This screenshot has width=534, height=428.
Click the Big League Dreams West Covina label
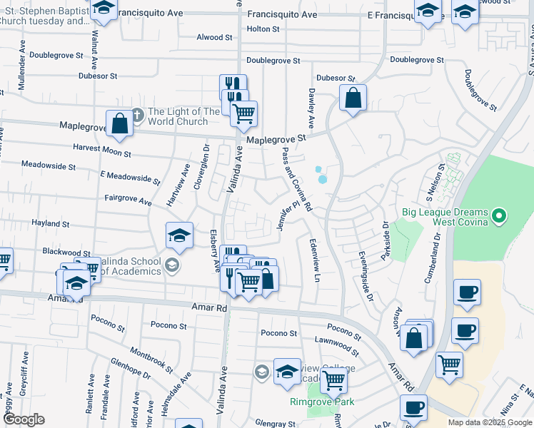pos(444,218)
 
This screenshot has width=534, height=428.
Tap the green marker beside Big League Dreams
pos(500,214)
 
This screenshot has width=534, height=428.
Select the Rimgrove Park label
pos(321,402)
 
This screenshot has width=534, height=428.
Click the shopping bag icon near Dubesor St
pos(353,98)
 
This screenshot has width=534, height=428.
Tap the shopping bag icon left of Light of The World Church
pos(120,123)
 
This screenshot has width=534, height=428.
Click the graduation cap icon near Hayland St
pos(179,235)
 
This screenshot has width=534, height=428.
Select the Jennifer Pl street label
pos(287,215)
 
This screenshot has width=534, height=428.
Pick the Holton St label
pos(263,29)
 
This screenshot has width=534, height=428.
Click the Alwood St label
pos(214,37)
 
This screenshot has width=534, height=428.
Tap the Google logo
pos(24,419)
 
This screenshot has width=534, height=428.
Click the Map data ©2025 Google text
pos(489,422)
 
